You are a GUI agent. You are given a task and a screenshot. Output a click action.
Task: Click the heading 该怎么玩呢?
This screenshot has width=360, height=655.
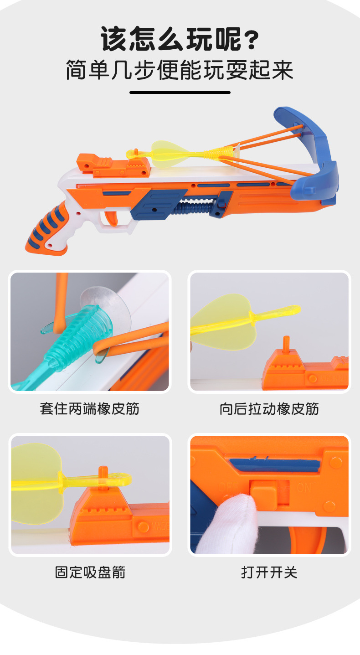pyautogui.click(x=180, y=40)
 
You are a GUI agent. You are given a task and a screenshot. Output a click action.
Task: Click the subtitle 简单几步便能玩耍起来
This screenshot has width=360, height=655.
pyautogui.click(x=180, y=70)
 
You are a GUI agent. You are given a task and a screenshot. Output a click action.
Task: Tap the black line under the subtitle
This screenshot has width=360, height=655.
pyautogui.click(x=180, y=93)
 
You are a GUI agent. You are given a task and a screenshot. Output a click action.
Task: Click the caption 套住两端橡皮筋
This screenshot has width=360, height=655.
pyautogui.click(x=90, y=408)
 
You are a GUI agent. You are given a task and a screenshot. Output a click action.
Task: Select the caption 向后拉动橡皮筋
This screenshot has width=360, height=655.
pyautogui.click(x=269, y=408)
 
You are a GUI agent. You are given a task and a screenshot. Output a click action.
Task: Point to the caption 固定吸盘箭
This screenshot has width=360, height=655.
pyautogui.click(x=90, y=572)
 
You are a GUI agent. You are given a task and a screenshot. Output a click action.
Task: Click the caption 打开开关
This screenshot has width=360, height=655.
pyautogui.click(x=269, y=572)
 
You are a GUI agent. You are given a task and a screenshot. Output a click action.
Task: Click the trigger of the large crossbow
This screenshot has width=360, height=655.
pyautogui.click(x=111, y=218)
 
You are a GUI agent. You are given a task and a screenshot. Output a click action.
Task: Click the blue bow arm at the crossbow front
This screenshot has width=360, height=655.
pyautogui.click(x=314, y=150)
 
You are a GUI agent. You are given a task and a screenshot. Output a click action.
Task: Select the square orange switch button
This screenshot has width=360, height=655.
pyautogui.click(x=264, y=493)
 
